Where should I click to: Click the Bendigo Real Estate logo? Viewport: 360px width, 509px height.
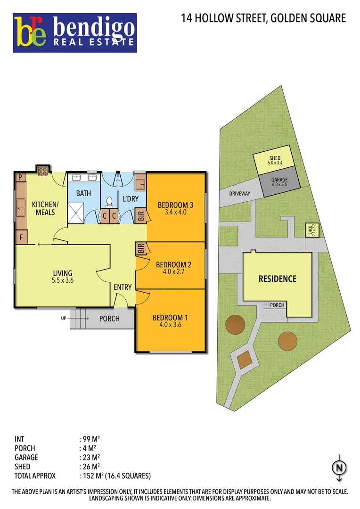point(75,32)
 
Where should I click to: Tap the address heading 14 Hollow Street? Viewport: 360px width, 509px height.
point(263,18)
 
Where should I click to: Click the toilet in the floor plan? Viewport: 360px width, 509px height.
point(109,202)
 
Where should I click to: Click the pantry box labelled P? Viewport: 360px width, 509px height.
point(20,177)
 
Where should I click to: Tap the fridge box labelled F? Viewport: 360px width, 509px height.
point(20,238)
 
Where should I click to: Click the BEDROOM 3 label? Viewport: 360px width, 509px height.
point(175,205)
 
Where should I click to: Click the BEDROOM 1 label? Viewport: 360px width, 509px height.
point(170,317)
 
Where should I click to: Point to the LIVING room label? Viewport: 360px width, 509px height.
point(63,273)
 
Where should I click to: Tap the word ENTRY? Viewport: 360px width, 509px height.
point(123,287)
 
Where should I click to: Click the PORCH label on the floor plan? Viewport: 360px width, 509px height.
point(109,319)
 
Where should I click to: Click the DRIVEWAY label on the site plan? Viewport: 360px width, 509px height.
point(239,194)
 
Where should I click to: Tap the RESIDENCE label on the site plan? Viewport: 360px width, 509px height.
point(278,279)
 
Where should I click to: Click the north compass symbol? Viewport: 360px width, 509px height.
point(339,467)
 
